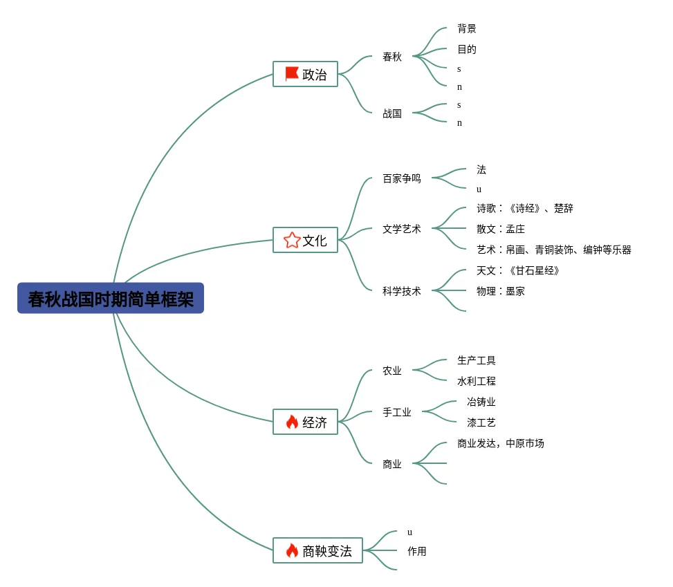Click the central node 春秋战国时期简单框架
pyautogui.click(x=111, y=298)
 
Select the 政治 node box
pyautogui.click(x=305, y=74)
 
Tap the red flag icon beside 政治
pyautogui.click(x=292, y=74)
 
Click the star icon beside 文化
pyautogui.click(x=292, y=240)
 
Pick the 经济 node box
pyautogui.click(x=305, y=422)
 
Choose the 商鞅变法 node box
pyautogui.click(x=317, y=550)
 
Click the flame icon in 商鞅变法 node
pyautogui.click(x=292, y=550)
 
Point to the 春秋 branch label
pyautogui.click(x=392, y=57)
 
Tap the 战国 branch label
pyautogui.click(x=392, y=113)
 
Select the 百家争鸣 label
pyautogui.click(x=402, y=178)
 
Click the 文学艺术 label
pyautogui.click(x=402, y=229)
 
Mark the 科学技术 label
pyautogui.click(x=402, y=291)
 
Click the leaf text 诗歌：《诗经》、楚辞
pyautogui.click(x=525, y=208)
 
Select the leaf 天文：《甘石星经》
pyautogui.click(x=518, y=270)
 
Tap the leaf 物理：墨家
pyautogui.click(x=501, y=291)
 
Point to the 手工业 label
pyautogui.click(x=397, y=412)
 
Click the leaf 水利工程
pyautogui.click(x=477, y=381)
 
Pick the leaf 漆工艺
pyautogui.click(x=481, y=422)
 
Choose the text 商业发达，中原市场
pyautogui.click(x=501, y=443)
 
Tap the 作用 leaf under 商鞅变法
pyautogui.click(x=417, y=551)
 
